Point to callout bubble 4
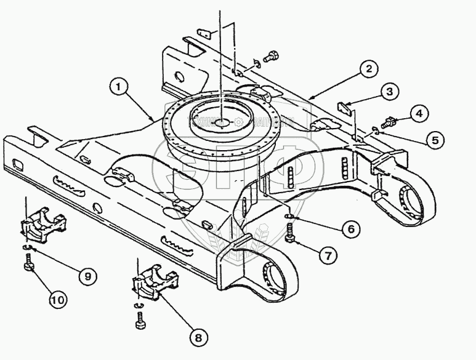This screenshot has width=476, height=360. (418, 114)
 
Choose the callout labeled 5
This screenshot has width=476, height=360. (435, 140)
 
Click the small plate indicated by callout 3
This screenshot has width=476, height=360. (346, 108)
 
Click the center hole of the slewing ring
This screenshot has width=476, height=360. (220, 122)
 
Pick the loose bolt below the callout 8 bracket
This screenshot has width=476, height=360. (140, 321)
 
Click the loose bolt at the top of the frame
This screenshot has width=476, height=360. (270, 57)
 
